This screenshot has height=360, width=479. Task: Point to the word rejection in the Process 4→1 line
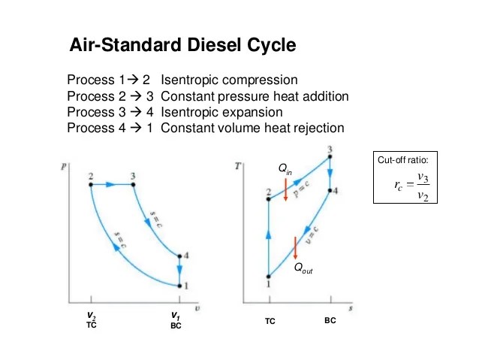tap(317, 128)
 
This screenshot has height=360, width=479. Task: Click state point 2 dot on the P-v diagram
tap(90, 183)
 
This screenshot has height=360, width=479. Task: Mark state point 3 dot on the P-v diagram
tap(133, 183)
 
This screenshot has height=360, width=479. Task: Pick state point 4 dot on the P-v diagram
tap(179, 256)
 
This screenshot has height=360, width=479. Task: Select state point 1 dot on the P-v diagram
tap(179, 285)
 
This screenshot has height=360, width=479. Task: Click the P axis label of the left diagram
tap(62, 165)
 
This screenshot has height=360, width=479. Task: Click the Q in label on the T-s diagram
tap(285, 171)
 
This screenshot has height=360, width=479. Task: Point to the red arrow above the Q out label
tap(296, 247)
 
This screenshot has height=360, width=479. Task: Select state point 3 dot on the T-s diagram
tap(330, 157)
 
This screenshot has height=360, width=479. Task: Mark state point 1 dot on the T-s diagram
tap(269, 277)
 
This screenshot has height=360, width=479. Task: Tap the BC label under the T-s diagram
tap(330, 320)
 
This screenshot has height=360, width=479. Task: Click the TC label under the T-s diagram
tap(270, 321)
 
